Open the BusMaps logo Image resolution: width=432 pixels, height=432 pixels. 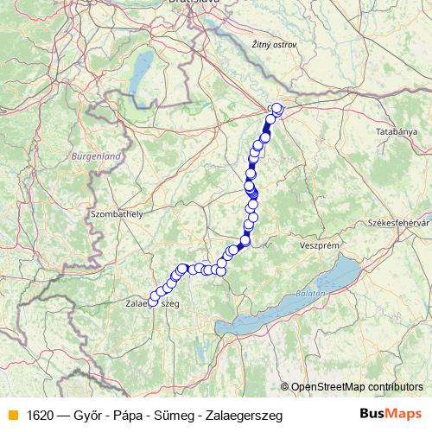(391, 414)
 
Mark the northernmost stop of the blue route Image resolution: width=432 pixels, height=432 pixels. (276, 108)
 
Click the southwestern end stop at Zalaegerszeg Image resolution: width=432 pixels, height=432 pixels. (154, 302)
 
